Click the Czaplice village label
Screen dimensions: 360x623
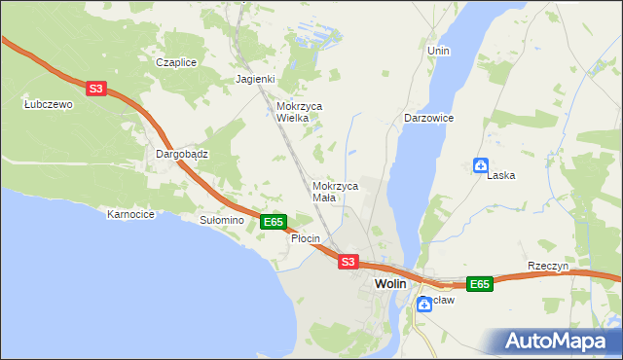176,62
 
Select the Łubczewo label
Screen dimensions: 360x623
48,105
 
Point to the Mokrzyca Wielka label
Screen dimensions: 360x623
299,112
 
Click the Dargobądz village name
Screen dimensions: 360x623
182,154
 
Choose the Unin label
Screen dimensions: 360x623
438,50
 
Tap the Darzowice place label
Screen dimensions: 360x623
428,118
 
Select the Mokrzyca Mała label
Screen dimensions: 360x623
336,191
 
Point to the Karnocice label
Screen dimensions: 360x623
131,214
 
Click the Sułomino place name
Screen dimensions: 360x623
221,221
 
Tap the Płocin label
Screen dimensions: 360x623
306,239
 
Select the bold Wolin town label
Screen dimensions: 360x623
390,283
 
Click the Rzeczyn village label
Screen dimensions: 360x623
547,267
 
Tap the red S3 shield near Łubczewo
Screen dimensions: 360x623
95,89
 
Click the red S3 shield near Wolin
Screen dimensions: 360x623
348,262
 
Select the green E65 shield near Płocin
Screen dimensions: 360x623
274,223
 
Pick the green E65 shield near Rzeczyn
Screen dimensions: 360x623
478,284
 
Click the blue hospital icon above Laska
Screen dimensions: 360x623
480,165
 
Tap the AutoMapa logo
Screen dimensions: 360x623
558,342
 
